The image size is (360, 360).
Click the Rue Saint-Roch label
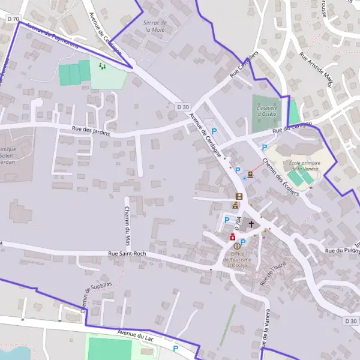point(128,254)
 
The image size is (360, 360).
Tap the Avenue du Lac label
point(136,334)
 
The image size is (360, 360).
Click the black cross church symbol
point(251,224)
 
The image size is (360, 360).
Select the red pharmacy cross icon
point(233,238)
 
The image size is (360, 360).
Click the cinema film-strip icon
point(239,196)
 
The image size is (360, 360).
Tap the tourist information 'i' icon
point(237,245)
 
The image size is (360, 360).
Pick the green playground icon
point(102,66)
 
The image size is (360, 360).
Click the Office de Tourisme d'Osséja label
point(237,260)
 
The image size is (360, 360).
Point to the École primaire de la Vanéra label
point(305,166)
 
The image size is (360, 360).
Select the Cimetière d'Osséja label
point(266,110)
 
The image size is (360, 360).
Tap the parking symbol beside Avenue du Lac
point(175,349)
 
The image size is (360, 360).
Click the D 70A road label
point(238,225)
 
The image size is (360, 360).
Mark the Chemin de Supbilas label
point(88,298)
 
